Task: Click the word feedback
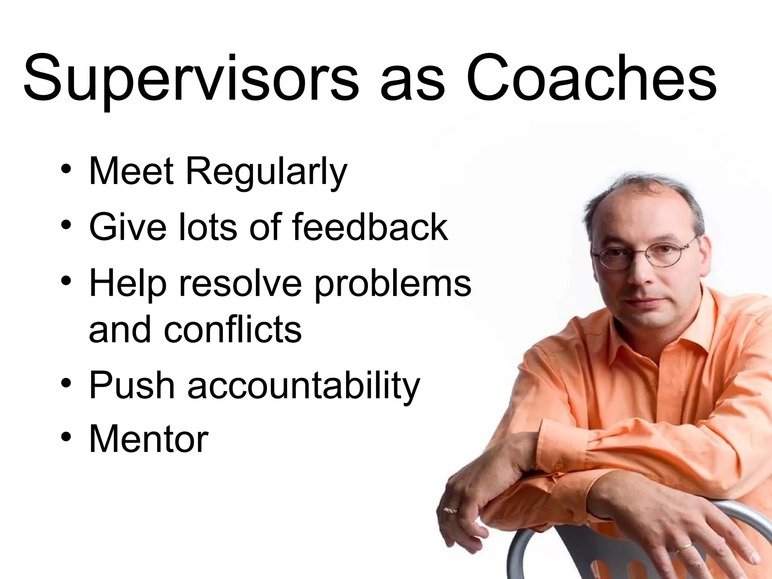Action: tap(369, 227)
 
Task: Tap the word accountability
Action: tap(303, 386)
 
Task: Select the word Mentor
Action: tap(148, 439)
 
